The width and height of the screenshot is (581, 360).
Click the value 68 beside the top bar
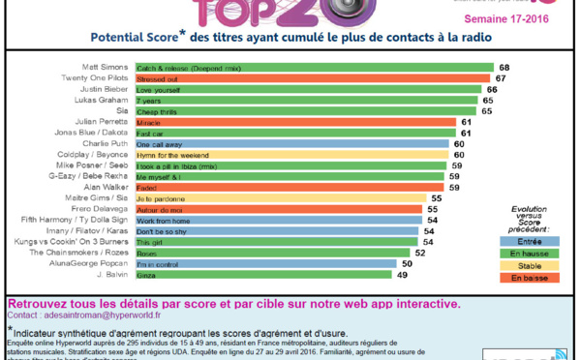pyautogui.click(x=505, y=68)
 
